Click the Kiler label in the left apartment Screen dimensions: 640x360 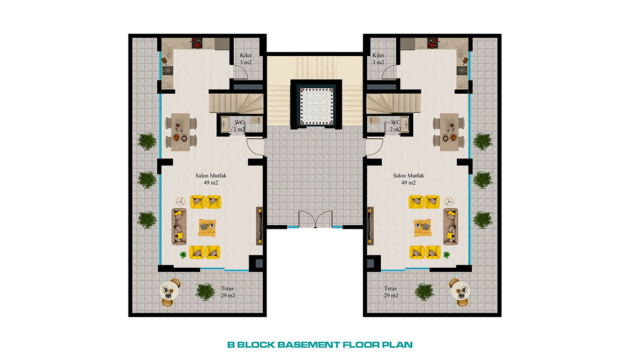(x=246, y=55)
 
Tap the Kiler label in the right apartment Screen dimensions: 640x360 (x=379, y=55)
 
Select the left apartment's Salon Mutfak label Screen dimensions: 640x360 (x=211, y=175)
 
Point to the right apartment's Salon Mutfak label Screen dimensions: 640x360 (x=408, y=175)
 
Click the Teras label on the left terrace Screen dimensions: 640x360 (x=228, y=288)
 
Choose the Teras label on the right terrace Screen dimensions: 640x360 (x=390, y=288)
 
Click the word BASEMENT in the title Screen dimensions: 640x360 (x=309, y=344)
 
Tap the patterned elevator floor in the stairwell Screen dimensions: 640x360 (x=316, y=106)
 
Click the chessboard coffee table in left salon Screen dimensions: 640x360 (x=207, y=228)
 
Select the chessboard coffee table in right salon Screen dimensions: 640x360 (x=422, y=228)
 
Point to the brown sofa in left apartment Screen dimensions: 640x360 (x=179, y=227)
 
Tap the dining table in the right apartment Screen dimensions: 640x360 (x=449, y=132)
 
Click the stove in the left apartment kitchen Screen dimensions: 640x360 (x=197, y=43)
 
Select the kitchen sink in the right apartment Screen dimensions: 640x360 (x=462, y=70)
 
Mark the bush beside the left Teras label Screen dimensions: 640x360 (x=205, y=292)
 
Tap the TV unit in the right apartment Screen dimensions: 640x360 (x=370, y=226)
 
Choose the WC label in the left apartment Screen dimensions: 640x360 (x=239, y=122)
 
